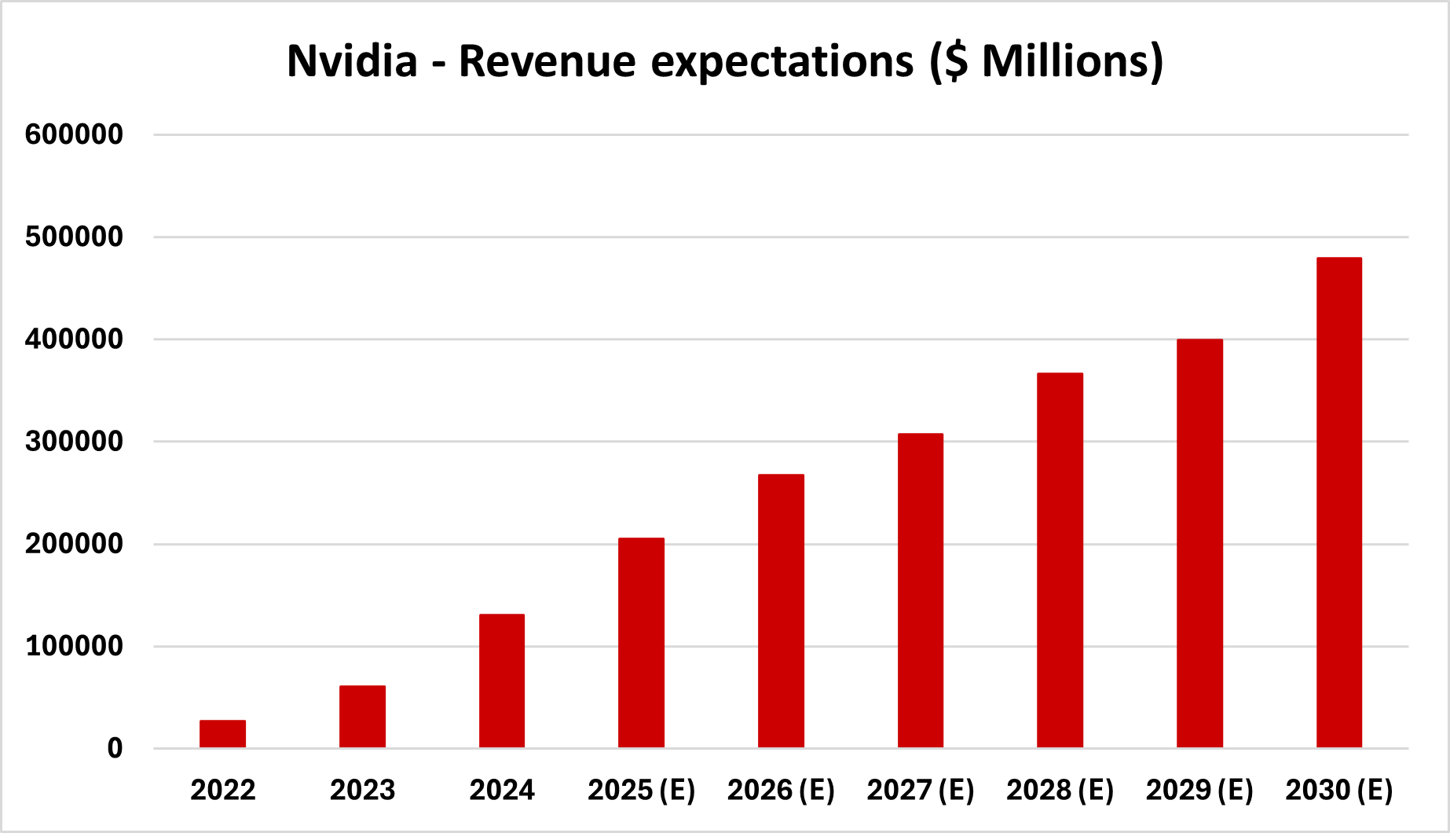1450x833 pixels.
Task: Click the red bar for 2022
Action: [222, 733]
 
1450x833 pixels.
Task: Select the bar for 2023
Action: [362, 716]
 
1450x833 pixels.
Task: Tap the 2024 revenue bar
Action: [502, 681]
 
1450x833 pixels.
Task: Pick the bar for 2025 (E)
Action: [641, 642]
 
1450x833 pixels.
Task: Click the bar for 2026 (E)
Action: [781, 611]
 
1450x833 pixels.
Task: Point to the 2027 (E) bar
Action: [921, 590]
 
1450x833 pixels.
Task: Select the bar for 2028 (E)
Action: [1060, 560]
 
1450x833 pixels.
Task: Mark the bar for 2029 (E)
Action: [1199, 543]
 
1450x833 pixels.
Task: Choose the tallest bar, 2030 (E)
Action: [1339, 502]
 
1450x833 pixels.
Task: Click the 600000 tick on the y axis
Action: [74, 134]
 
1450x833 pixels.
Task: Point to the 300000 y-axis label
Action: [74, 442]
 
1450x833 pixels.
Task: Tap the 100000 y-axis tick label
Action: [74, 647]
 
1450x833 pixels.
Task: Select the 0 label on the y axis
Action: [115, 748]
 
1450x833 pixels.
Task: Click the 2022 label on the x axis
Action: [222, 790]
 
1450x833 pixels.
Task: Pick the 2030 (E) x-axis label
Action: [1339, 790]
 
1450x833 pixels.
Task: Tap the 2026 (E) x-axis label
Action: [781, 790]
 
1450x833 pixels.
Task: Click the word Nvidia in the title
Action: [352, 61]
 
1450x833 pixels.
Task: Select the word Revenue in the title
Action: [547, 61]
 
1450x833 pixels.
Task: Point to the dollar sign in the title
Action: [955, 61]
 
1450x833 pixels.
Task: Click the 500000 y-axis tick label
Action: [74, 237]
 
